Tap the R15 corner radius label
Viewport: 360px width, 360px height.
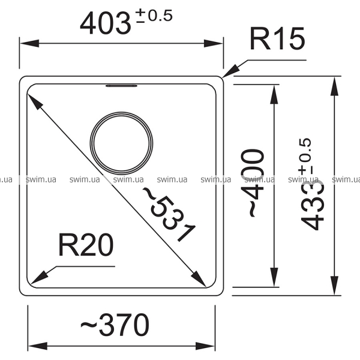click(278, 38)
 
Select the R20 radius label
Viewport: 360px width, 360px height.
click(86, 245)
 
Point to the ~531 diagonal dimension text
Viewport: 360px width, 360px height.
click(169, 215)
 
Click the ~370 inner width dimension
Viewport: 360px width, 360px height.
click(115, 325)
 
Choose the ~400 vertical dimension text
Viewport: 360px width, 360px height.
click(253, 183)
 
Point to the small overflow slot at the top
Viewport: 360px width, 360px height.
click(121, 86)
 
